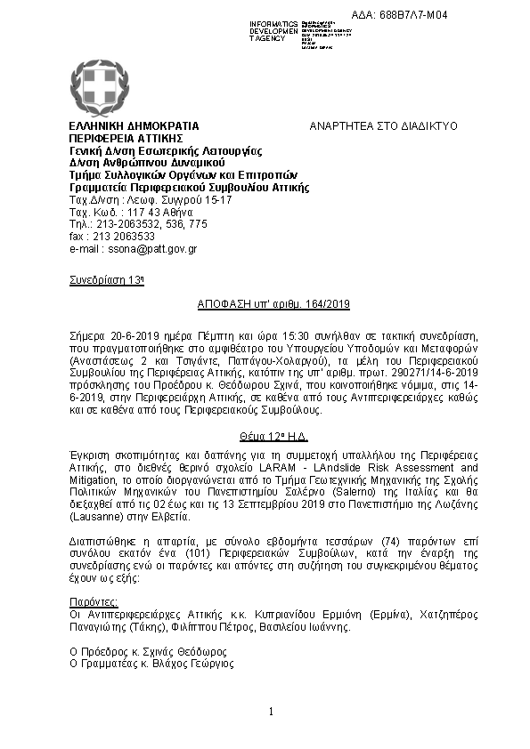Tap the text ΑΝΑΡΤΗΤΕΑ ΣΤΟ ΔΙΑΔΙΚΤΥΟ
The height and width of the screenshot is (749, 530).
coord(382,127)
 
